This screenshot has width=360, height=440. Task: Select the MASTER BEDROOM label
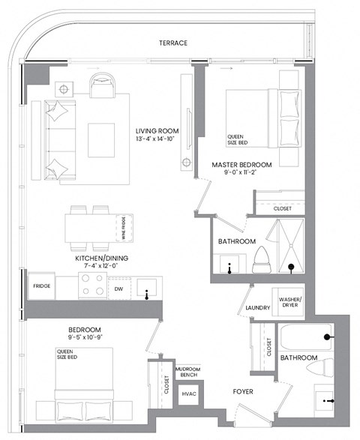tap(241, 164)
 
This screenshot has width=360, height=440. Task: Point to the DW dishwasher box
tap(119, 287)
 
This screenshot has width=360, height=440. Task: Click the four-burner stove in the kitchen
tap(91, 286)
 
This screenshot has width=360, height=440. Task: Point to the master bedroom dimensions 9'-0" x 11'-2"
tap(240, 174)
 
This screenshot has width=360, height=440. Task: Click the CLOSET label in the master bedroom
tap(283, 208)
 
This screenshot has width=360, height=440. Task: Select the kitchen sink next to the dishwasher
tap(147, 286)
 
